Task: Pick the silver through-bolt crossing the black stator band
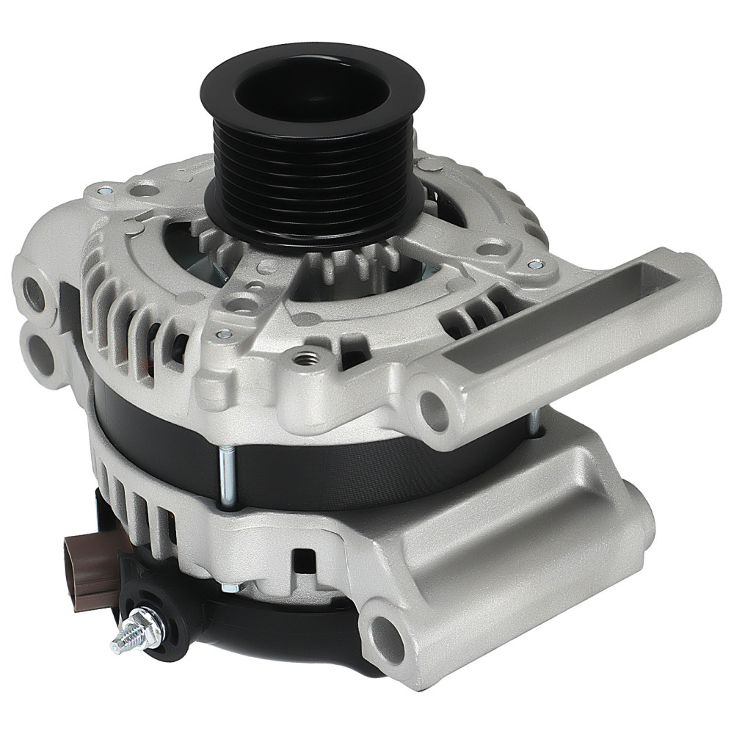(226, 477)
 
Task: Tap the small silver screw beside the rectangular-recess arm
(534, 265)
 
